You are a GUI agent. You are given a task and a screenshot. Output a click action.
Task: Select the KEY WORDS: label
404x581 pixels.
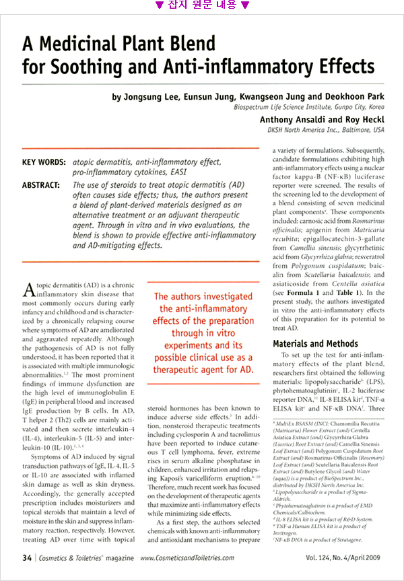pyautogui.click(x=44, y=162)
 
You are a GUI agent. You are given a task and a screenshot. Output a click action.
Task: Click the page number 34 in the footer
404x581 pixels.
pyautogui.click(x=27, y=558)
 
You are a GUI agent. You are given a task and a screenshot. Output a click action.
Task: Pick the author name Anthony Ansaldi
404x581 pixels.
pyautogui.click(x=295, y=118)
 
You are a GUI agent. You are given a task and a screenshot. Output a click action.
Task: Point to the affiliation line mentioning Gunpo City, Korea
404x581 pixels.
pyautogui.click(x=309, y=107)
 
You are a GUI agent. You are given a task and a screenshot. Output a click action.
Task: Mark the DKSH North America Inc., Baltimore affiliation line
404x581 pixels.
pyautogui.click(x=326, y=129)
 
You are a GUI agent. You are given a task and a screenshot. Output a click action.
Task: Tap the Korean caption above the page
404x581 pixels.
pyautogui.click(x=202, y=6)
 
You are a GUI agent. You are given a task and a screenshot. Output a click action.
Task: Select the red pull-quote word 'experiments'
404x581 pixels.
pyautogui.click(x=202, y=345)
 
